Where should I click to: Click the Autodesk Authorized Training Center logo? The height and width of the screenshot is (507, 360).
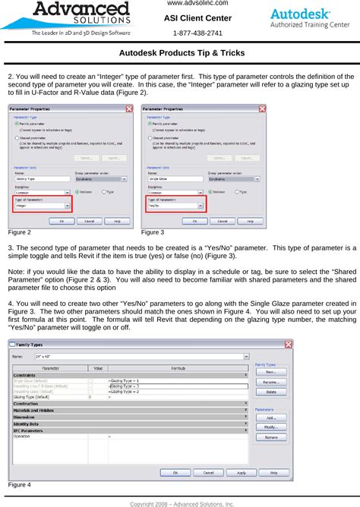coord(310,18)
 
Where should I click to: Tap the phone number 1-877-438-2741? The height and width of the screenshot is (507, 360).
coord(198,33)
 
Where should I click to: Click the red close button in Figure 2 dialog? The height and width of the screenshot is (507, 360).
coord(132,109)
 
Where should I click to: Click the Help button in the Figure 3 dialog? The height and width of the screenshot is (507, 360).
coord(251,221)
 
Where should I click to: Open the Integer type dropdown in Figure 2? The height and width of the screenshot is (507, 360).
coord(68,205)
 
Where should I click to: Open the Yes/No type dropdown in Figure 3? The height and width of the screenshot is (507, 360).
coord(202,205)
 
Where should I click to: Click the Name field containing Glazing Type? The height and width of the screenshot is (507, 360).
coord(38,180)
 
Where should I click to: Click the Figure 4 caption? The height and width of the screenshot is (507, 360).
coord(19,484)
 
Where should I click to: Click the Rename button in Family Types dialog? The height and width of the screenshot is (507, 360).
coord(270,382)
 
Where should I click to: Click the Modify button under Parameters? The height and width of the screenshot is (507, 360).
coord(270,428)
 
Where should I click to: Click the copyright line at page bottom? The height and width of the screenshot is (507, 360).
coord(182,502)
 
